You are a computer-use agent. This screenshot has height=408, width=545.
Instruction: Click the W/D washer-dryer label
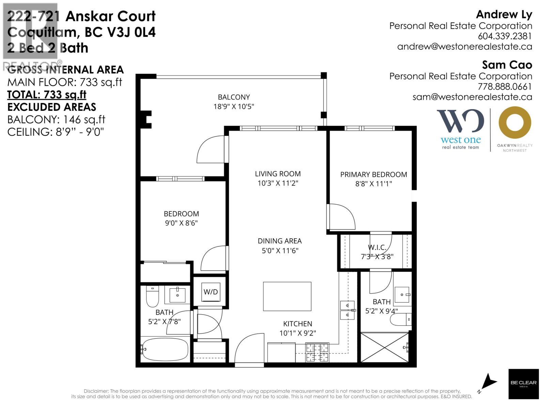tap(211, 292)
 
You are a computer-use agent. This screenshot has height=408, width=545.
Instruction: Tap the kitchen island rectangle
tap(287, 296)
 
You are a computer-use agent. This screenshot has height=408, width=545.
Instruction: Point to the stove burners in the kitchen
tap(317, 353)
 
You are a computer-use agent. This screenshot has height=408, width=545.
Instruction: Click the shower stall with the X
tap(384, 347)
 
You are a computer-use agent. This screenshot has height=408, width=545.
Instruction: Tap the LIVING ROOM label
tap(278, 174)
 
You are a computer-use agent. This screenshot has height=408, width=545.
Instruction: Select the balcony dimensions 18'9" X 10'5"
tap(234, 106)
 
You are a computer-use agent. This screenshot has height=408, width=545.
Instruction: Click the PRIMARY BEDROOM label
tap(373, 175)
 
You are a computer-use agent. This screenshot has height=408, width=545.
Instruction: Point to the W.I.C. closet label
tap(377, 247)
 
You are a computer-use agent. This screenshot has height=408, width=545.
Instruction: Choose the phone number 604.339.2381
tap(504, 36)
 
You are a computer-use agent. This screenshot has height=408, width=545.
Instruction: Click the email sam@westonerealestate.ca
tap(472, 97)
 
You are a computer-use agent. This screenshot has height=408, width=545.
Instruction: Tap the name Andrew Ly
tap(504, 14)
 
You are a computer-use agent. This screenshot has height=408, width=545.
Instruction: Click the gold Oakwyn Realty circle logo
tap(515, 122)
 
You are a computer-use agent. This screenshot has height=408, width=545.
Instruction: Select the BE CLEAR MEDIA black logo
tap(524, 384)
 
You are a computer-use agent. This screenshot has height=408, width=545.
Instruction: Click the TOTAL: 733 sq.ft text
tap(47, 95)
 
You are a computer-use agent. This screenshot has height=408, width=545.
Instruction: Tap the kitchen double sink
tap(348, 310)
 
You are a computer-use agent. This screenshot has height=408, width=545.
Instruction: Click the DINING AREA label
tap(280, 241)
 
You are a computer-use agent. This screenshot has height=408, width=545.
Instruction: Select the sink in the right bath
tap(402, 295)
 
